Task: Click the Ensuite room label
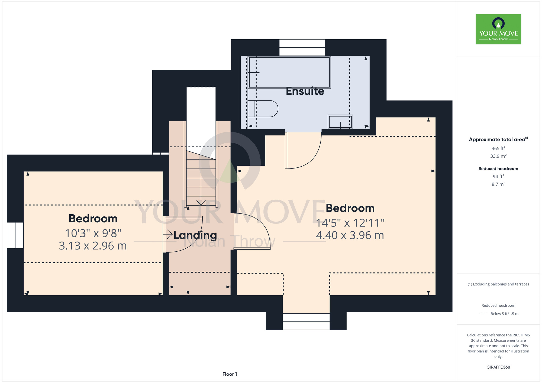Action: click(305, 91)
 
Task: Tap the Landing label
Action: click(195, 235)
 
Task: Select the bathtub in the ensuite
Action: click(289, 72)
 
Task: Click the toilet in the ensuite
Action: click(263, 109)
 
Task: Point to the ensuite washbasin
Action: click(340, 122)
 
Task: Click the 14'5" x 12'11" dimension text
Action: click(350, 223)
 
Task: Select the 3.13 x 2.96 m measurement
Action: click(93, 246)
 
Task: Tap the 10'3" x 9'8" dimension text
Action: click(93, 233)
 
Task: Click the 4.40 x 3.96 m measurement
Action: click(350, 235)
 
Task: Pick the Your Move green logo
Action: click(498, 29)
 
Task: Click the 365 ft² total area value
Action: click(498, 148)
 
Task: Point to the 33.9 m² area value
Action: click(498, 156)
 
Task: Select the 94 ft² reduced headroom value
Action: click(498, 176)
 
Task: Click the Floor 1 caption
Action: click(230, 374)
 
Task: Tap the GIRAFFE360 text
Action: click(498, 367)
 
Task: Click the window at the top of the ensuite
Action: click(302, 48)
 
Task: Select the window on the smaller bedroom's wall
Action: click(15, 235)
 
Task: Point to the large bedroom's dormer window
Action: click(306, 322)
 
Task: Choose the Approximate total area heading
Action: click(498, 139)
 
